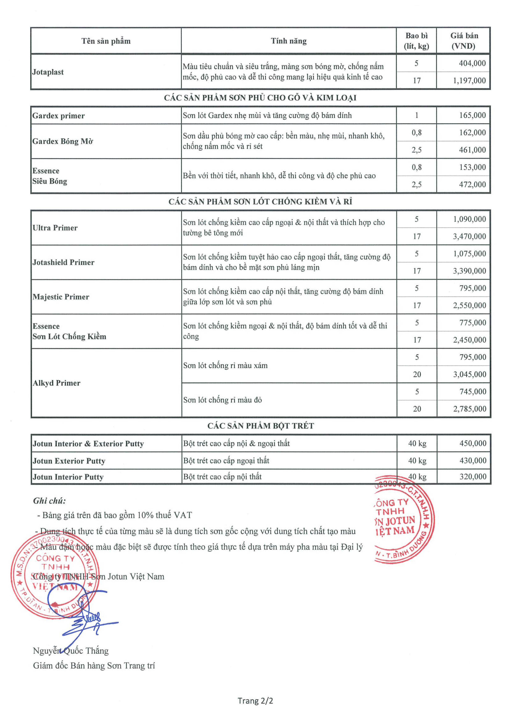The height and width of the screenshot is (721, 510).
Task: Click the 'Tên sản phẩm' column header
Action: (x=106, y=41)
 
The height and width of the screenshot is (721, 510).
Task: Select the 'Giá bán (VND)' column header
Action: (x=464, y=41)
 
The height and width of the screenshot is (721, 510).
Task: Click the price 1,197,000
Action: (x=469, y=81)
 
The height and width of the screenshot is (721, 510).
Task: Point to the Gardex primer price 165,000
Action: (x=472, y=115)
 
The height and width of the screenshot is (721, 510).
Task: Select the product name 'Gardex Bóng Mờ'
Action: (x=62, y=141)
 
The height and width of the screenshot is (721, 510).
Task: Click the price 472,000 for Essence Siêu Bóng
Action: (x=472, y=184)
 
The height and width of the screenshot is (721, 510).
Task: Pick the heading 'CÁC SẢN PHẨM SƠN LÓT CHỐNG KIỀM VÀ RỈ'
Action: (x=260, y=202)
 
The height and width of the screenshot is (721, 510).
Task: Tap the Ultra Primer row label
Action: (x=55, y=228)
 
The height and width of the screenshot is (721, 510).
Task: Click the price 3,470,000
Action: (x=469, y=236)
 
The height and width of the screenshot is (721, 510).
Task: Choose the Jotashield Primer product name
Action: (x=64, y=262)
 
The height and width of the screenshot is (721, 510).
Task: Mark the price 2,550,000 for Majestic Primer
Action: (x=469, y=305)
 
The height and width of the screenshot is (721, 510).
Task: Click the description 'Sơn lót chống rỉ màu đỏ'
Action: (x=222, y=400)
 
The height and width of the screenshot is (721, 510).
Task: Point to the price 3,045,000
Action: (x=469, y=374)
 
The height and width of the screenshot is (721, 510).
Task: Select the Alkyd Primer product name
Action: (x=57, y=383)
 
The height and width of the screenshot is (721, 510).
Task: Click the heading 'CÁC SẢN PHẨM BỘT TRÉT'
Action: (x=260, y=426)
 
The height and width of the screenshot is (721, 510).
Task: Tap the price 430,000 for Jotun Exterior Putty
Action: (x=473, y=461)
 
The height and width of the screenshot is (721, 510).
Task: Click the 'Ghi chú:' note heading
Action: (x=49, y=501)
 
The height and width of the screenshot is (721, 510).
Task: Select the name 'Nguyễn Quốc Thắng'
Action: (x=71, y=651)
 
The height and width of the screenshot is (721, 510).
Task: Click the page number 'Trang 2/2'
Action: (x=255, y=701)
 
